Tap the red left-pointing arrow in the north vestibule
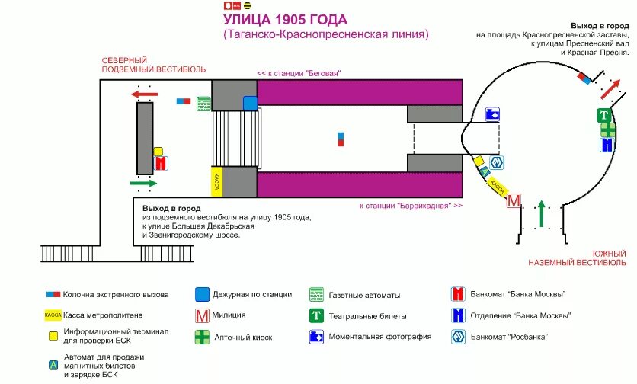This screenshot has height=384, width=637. tap(144, 94)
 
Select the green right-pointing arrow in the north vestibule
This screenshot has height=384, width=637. tap(143, 183)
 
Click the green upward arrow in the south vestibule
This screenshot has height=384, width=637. tap(541, 214)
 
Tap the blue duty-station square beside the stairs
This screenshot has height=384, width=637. tap(250, 103)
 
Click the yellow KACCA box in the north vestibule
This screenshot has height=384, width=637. tap(216, 181)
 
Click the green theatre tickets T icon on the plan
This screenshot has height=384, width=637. tap(604, 116)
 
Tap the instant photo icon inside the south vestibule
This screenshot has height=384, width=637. tap(492, 114)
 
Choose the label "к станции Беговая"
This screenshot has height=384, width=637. tap(298, 73)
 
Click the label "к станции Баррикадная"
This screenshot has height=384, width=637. tap(411, 206)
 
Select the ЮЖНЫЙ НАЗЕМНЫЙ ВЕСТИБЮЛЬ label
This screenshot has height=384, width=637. tap(578, 258)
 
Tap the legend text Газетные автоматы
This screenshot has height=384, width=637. tap(364, 295)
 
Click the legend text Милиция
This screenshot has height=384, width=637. tap(230, 315)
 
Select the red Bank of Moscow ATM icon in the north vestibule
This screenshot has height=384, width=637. tap(161, 163)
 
